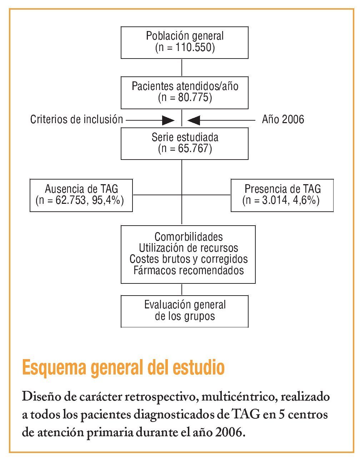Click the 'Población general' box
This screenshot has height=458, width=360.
point(185,42)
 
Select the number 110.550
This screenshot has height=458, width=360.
point(195,47)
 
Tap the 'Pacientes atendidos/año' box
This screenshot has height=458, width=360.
point(185,92)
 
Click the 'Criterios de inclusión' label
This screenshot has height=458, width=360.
point(76,119)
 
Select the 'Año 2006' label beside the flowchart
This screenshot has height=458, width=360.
point(283,119)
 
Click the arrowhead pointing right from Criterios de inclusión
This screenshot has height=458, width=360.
point(168,120)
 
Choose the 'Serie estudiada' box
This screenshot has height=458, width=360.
point(185,143)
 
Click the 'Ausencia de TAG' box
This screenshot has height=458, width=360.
point(81,195)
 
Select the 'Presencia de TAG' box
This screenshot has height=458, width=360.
point(282,195)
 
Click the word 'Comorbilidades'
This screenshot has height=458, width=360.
point(189,237)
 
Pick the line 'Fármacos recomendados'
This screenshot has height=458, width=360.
point(189,270)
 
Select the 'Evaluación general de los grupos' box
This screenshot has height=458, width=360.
point(185,311)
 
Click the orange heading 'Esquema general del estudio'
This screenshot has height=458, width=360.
point(123,367)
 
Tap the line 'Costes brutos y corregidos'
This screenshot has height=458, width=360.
point(189,259)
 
